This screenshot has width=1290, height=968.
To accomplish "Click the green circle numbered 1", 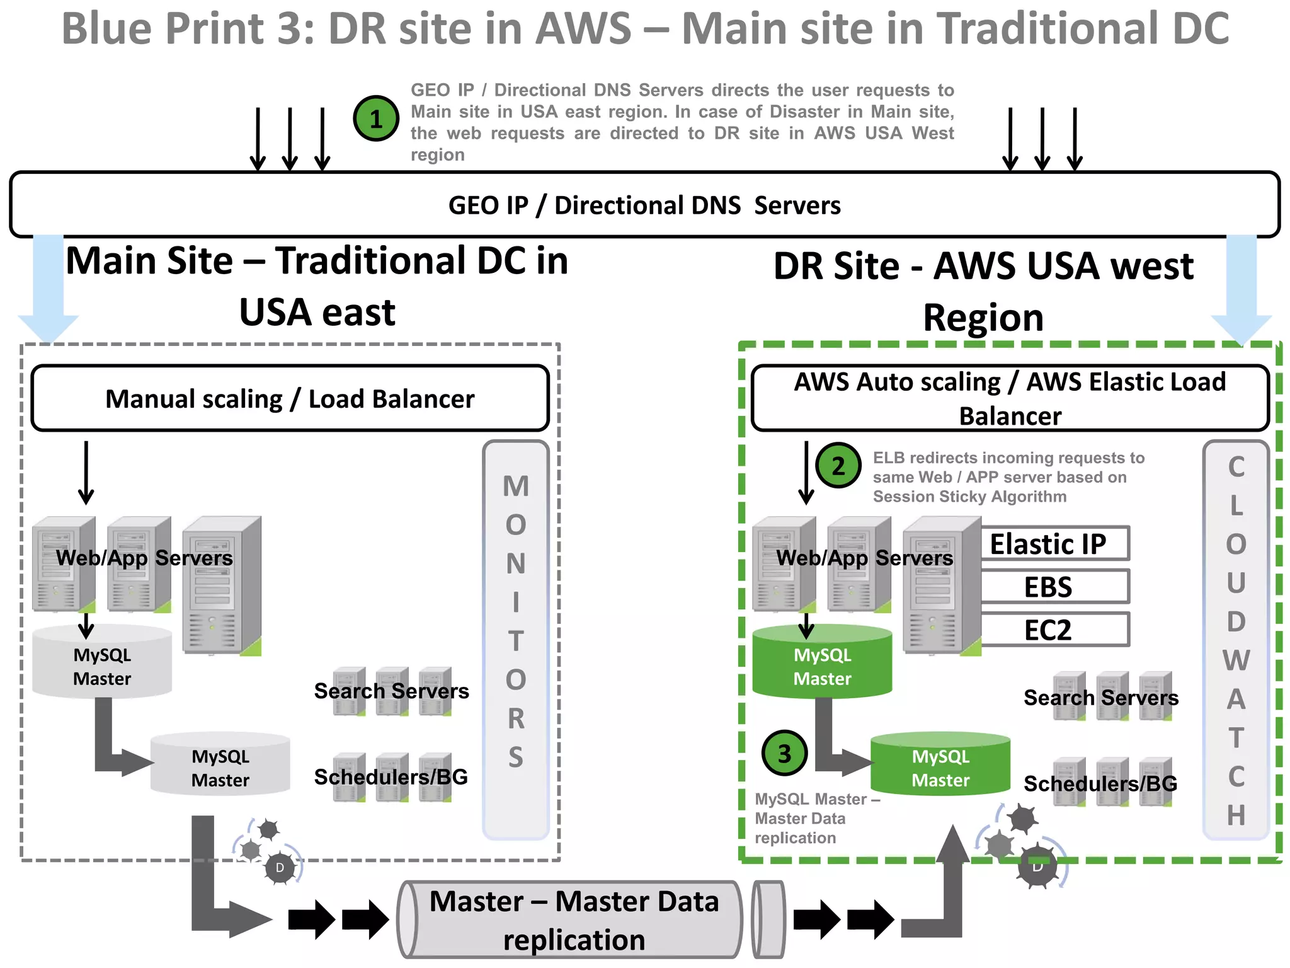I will [x=376, y=118].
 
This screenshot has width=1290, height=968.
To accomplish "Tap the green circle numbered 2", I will [x=838, y=466].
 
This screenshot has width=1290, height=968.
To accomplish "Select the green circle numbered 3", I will [x=784, y=753].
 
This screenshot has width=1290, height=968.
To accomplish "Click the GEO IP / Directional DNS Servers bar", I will [x=644, y=205].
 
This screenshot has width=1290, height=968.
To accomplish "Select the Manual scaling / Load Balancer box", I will [x=290, y=398].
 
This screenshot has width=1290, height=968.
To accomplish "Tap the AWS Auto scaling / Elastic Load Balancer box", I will [x=1010, y=398].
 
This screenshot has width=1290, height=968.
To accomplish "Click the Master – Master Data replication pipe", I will [x=573, y=920].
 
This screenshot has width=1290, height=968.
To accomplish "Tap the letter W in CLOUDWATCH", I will [x=1236, y=660].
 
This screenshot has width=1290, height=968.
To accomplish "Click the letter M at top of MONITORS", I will [x=516, y=487].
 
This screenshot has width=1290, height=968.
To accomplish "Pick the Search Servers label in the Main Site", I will [x=391, y=691].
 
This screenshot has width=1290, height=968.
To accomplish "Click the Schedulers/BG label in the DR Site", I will [x=1100, y=783].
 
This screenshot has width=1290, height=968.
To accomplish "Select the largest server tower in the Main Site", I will [x=222, y=586].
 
